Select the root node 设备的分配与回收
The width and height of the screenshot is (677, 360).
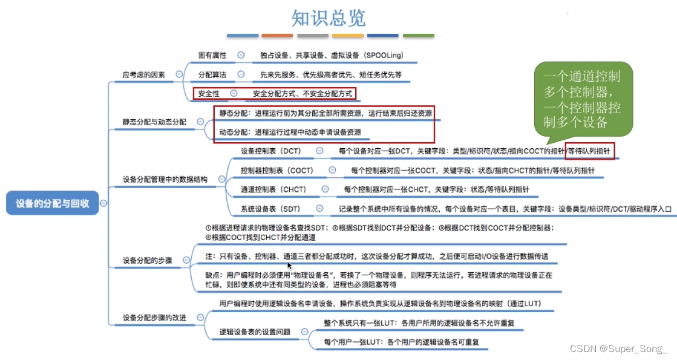(52, 203)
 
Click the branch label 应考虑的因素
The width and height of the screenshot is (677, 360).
(143, 74)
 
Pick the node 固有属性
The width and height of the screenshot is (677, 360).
(212, 55)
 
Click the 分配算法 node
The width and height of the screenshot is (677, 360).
(212, 74)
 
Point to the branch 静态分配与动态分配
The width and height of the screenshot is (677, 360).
(154, 122)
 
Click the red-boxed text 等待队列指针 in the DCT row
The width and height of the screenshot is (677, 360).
(590, 151)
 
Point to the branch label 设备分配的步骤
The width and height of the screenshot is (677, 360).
(147, 261)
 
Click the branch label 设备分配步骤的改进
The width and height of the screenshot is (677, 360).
(154, 318)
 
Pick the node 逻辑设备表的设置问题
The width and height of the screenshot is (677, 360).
(254, 332)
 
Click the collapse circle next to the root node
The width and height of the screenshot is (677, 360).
(103, 203)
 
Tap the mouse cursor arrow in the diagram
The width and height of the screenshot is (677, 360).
(290, 266)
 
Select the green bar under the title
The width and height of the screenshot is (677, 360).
(419, 36)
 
